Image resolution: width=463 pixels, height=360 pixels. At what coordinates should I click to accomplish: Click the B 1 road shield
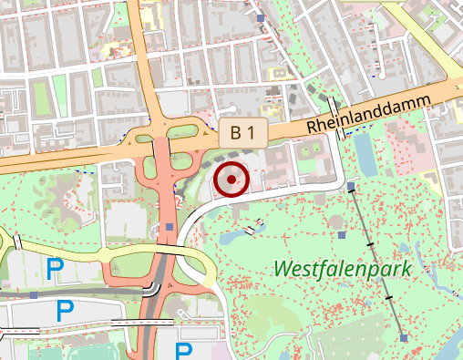(242, 133)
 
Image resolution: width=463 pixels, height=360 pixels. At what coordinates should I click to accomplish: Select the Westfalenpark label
(343, 269)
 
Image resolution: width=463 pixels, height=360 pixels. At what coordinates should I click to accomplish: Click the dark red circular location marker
(231, 180)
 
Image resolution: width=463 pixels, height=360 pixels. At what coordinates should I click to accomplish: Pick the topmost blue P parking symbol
(55, 268)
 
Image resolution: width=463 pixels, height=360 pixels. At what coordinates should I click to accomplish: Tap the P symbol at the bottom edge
(184, 352)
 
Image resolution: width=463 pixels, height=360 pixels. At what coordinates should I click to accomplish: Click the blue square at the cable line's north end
(352, 187)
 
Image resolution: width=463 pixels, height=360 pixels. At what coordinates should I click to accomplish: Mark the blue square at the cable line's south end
(403, 337)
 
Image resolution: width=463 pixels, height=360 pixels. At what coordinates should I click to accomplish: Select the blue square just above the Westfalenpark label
(342, 235)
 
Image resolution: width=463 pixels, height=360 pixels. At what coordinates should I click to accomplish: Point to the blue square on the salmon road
(170, 227)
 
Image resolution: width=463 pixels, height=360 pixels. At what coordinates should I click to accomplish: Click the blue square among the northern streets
(262, 17)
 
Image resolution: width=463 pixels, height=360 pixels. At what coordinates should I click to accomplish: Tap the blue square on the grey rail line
(34, 294)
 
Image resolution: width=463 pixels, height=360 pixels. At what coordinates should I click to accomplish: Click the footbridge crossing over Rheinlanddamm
(336, 116)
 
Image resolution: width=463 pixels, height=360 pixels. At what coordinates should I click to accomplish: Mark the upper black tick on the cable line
(370, 246)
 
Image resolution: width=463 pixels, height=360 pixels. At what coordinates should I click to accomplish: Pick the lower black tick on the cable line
(388, 297)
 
